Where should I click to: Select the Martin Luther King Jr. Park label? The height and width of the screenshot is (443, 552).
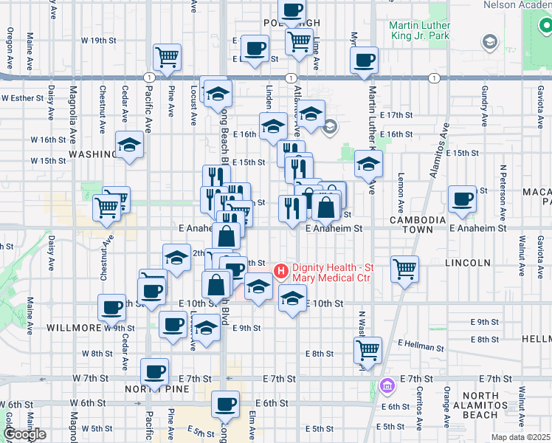(x=418, y=30)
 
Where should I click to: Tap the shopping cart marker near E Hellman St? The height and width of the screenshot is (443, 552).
(x=368, y=350)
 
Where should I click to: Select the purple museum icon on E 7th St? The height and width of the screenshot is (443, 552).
(x=386, y=385)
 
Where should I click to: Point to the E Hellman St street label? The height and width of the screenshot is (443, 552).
(x=421, y=346)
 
